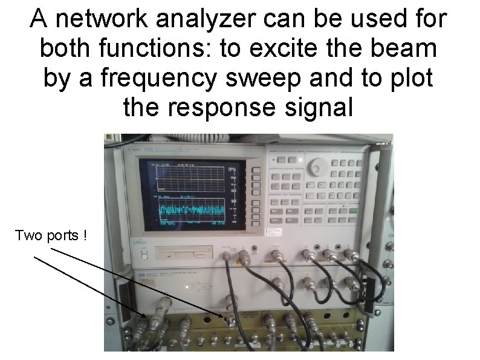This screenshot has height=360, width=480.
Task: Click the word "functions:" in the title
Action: pyautogui.click(x=154, y=49)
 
